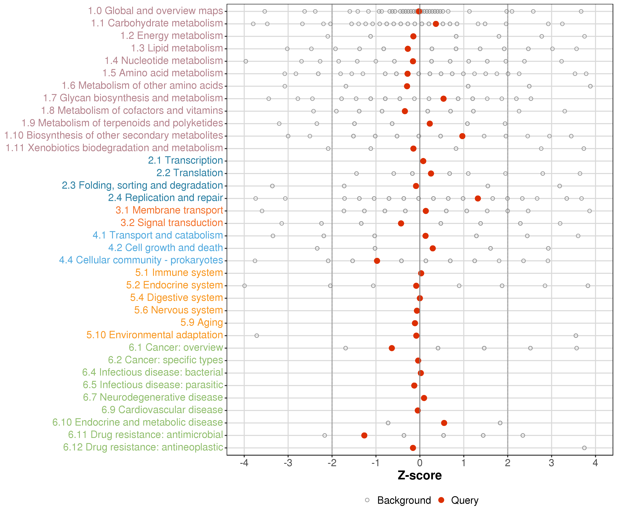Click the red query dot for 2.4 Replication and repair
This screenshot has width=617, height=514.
tap(478, 199)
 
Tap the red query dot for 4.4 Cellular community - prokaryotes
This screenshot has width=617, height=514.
tap(377, 261)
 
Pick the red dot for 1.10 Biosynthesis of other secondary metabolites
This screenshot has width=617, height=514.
tap(462, 136)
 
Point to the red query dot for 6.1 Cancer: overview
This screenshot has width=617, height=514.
tap(392, 348)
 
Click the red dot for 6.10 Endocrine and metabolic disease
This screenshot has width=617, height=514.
tap(444, 423)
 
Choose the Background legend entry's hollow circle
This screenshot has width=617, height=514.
tap(367, 500)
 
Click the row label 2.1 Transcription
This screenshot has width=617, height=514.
tap(185, 160)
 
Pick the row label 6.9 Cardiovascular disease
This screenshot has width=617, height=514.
tap(162, 410)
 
